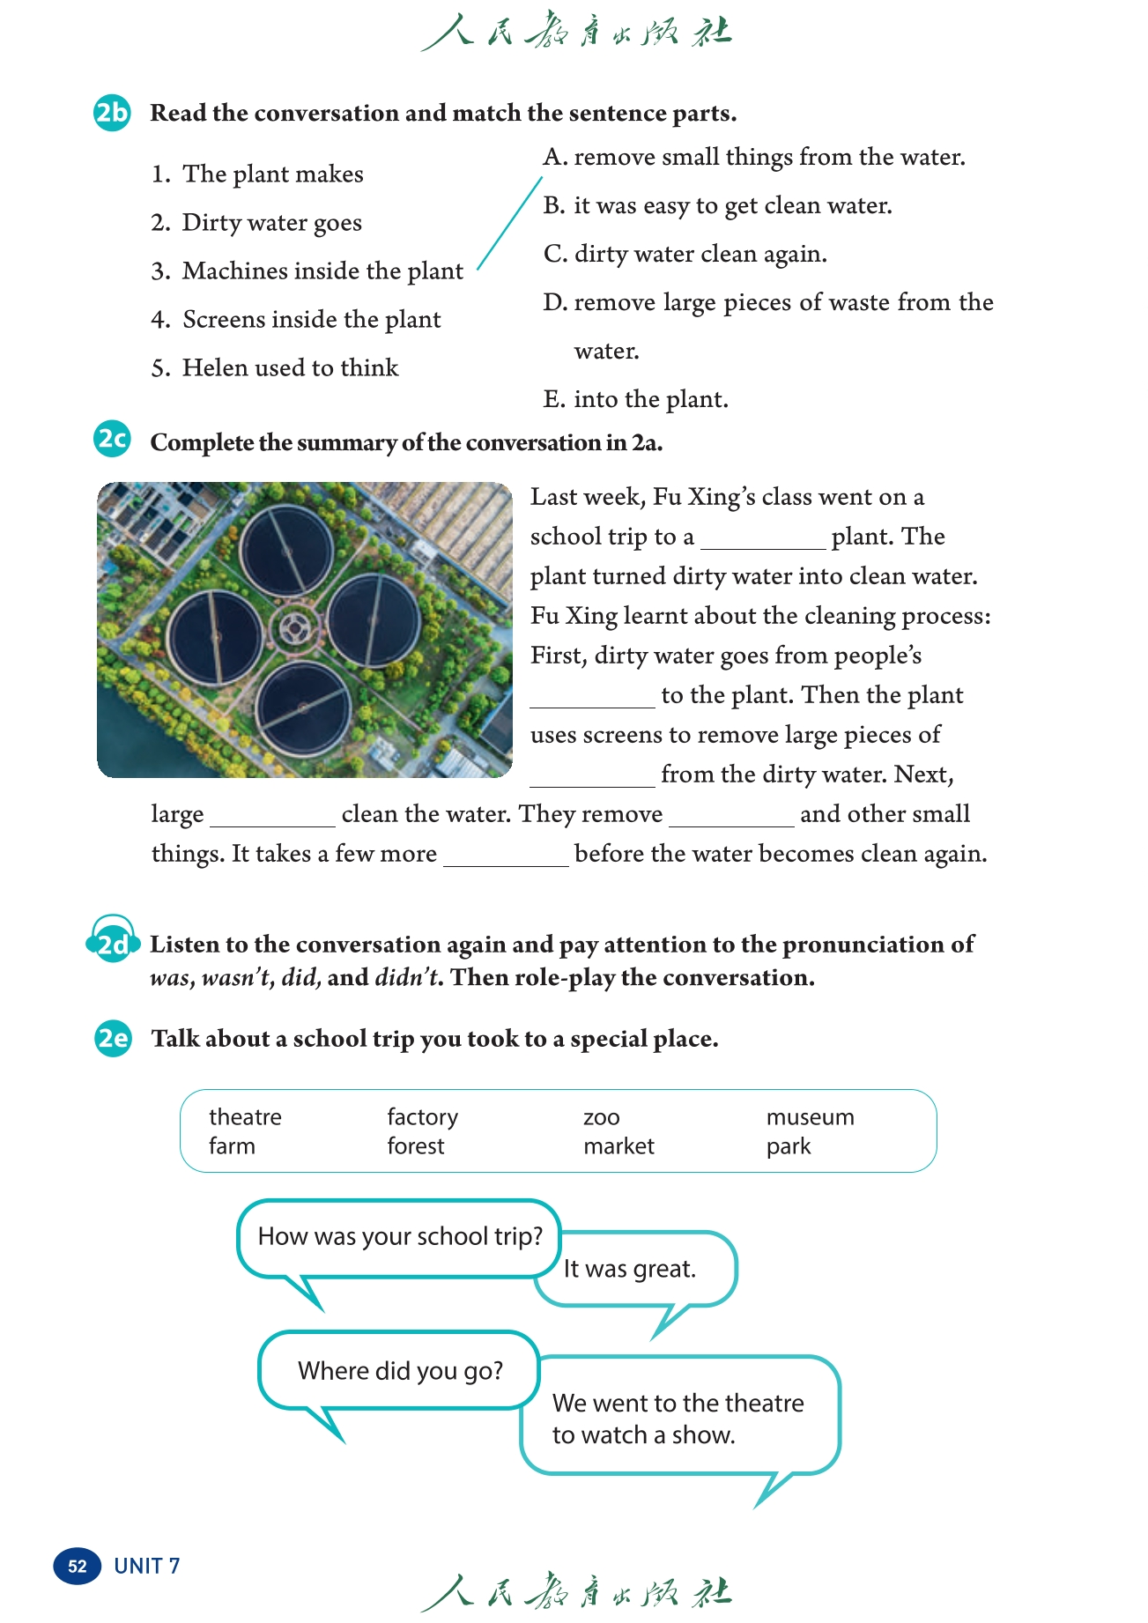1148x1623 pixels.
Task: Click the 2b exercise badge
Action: coord(112,113)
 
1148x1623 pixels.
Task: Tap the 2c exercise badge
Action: coord(112,439)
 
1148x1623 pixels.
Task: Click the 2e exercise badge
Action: coord(113,1038)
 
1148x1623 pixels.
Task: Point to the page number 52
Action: coord(78,1566)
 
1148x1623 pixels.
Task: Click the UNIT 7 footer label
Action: coord(146,1566)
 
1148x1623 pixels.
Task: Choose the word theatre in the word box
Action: coord(245,1117)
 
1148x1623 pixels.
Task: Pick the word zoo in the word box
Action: coord(602,1118)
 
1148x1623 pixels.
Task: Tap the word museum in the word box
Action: coord(810,1117)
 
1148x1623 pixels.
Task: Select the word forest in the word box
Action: coord(416,1146)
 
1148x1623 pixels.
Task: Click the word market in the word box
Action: coord(618,1146)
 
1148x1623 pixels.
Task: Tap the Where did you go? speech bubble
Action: coord(400,1371)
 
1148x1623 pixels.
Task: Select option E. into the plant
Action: coord(635,399)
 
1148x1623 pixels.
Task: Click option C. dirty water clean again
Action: coord(685,254)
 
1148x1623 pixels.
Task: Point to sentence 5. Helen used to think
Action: coord(275,367)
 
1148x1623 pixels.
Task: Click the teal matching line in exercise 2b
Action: coord(510,224)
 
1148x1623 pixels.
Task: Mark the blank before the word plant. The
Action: coord(763,538)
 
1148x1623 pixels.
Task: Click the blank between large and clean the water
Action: coord(272,816)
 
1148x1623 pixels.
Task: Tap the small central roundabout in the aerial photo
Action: coord(293,627)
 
